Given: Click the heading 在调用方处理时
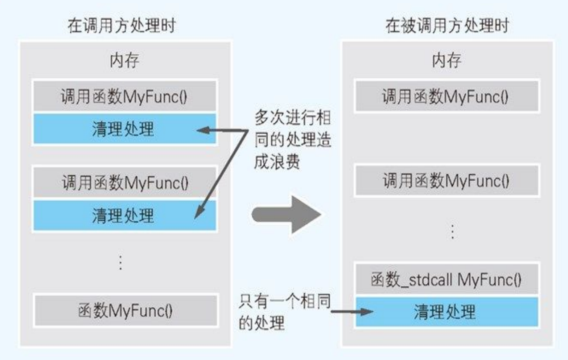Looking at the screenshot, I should tap(122, 25).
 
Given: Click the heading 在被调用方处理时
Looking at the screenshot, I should tap(447, 25).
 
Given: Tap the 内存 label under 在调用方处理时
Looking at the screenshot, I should tap(124, 60).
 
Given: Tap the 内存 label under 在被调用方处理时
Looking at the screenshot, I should tap(446, 60).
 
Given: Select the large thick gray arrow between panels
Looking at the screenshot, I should tap(287, 214).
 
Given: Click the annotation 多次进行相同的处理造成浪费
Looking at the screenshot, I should tap(292, 139).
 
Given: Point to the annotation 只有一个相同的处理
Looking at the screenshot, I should tap(284, 312).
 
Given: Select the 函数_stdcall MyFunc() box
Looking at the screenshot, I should tap(446, 279).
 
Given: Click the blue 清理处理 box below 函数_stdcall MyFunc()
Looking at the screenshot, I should tap(446, 312).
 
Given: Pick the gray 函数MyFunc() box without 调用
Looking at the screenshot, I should tap(125, 311).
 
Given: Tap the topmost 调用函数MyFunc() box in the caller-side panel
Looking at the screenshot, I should tap(124, 97).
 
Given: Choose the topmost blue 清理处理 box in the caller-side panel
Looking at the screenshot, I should tap(124, 129).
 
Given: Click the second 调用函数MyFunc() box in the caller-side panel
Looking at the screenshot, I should tap(124, 182).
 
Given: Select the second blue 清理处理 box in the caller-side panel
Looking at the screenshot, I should tap(124, 215).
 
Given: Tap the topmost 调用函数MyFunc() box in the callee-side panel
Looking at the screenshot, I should tap(446, 97).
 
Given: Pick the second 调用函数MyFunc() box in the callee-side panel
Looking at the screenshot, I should tap(446, 180).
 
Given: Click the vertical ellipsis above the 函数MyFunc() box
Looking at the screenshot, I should tap(120, 262).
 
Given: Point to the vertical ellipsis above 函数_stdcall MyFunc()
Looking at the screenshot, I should tap(452, 232).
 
